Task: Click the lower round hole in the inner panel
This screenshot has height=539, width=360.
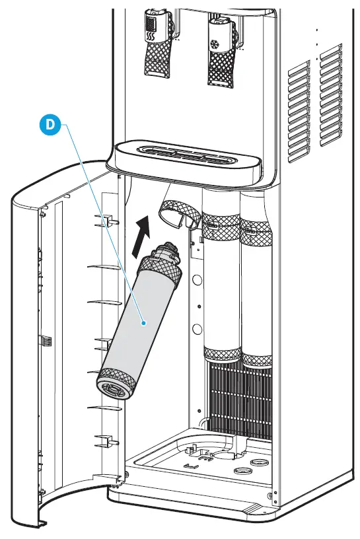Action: point(196,328)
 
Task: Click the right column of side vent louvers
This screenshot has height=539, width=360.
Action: point(332,99)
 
